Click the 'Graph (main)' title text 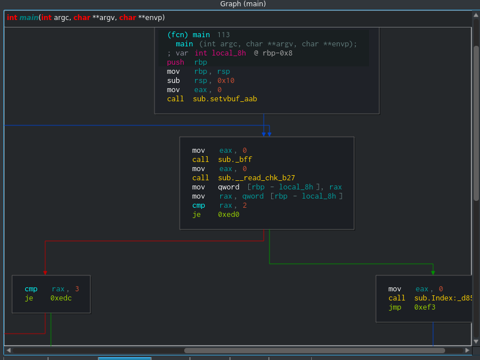[243, 4]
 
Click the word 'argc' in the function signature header [62, 18]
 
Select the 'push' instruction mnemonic [176, 62]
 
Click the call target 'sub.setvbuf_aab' [225, 99]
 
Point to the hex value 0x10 [226, 81]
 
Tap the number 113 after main [224, 35]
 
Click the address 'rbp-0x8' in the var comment [277, 53]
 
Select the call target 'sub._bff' [235, 160]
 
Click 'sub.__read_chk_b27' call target [256, 178]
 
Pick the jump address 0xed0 [229, 215]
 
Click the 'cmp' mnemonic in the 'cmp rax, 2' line [199, 205]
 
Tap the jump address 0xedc [61, 298]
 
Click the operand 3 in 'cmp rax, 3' [77, 289]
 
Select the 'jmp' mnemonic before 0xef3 [395, 307]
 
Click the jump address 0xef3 [425, 307]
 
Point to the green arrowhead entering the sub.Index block [433, 273]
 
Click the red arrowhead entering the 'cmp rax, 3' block [45, 273]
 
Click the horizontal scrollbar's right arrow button [467, 350]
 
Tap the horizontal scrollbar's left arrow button [9, 350]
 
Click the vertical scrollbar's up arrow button [476, 15]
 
